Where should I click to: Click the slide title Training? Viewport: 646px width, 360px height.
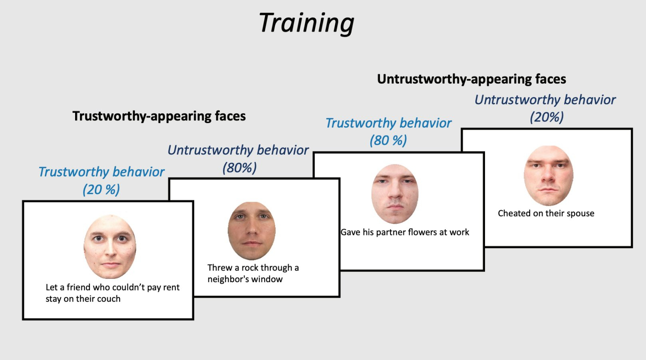coord(306,23)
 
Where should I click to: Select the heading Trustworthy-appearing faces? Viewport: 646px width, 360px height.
coord(159,116)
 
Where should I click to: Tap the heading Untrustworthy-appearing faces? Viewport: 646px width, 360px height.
coord(471,79)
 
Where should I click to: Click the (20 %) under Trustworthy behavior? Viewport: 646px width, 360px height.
coord(101,190)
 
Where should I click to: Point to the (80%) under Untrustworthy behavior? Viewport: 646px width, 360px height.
coord(239,167)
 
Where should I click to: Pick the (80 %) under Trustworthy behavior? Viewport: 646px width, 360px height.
coord(388,141)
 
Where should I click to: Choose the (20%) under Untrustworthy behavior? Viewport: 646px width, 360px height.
coord(547,117)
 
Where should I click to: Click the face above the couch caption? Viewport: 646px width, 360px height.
coord(110,247)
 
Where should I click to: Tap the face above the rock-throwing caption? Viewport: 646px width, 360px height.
coord(251,231)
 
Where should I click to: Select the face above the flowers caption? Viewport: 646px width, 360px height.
coord(395,194)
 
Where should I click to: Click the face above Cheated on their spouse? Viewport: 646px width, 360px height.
coord(549,175)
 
